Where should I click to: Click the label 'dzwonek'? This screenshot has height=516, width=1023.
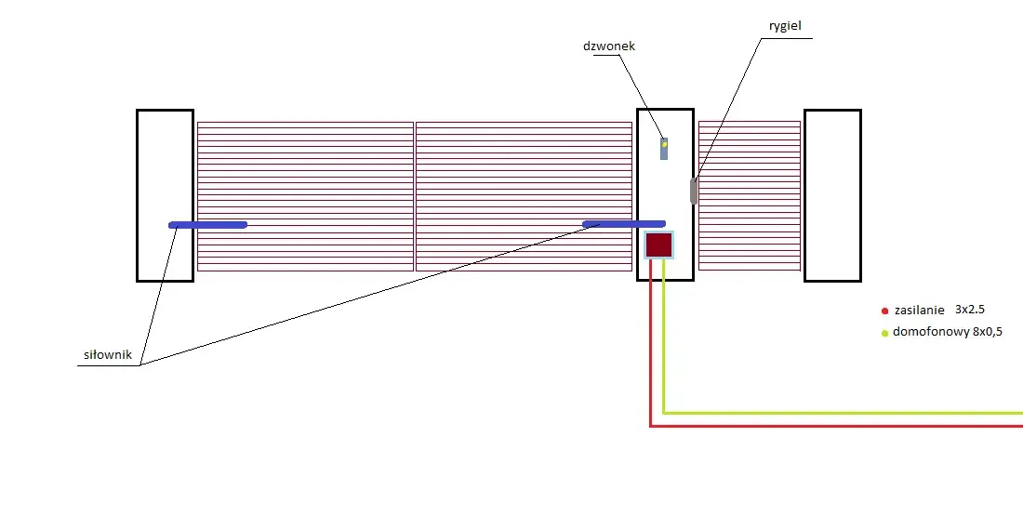pyautogui.click(x=609, y=46)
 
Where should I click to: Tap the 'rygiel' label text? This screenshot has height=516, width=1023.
pyautogui.click(x=785, y=26)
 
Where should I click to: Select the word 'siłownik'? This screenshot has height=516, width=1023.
pyautogui.click(x=108, y=355)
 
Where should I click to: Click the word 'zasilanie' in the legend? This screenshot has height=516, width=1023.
pyautogui.click(x=919, y=311)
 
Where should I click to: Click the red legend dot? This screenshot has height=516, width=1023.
pyautogui.click(x=884, y=311)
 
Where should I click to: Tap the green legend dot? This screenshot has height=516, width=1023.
pyautogui.click(x=884, y=334)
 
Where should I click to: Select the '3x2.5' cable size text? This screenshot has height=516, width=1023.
pyautogui.click(x=969, y=310)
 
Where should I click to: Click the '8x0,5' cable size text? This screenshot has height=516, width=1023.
pyautogui.click(x=988, y=331)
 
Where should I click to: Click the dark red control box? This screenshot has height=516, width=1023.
pyautogui.click(x=658, y=245)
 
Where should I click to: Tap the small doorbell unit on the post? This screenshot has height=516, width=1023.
pyautogui.click(x=664, y=149)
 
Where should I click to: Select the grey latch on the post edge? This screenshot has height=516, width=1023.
pyautogui.click(x=694, y=192)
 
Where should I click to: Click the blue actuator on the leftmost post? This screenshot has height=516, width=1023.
pyautogui.click(x=208, y=225)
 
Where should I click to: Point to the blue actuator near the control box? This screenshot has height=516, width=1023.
pyautogui.click(x=624, y=224)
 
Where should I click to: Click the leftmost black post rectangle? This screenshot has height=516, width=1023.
pyautogui.click(x=137, y=195)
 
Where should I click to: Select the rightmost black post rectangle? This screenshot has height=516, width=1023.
pyautogui.click(x=804, y=195)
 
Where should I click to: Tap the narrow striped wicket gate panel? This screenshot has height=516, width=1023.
pyautogui.click(x=750, y=195)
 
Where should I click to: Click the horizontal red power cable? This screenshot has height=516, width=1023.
pyautogui.click(x=836, y=426)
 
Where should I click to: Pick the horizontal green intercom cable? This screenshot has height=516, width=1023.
pyautogui.click(x=843, y=413)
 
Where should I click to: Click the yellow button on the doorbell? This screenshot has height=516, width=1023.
pyautogui.click(x=664, y=145)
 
